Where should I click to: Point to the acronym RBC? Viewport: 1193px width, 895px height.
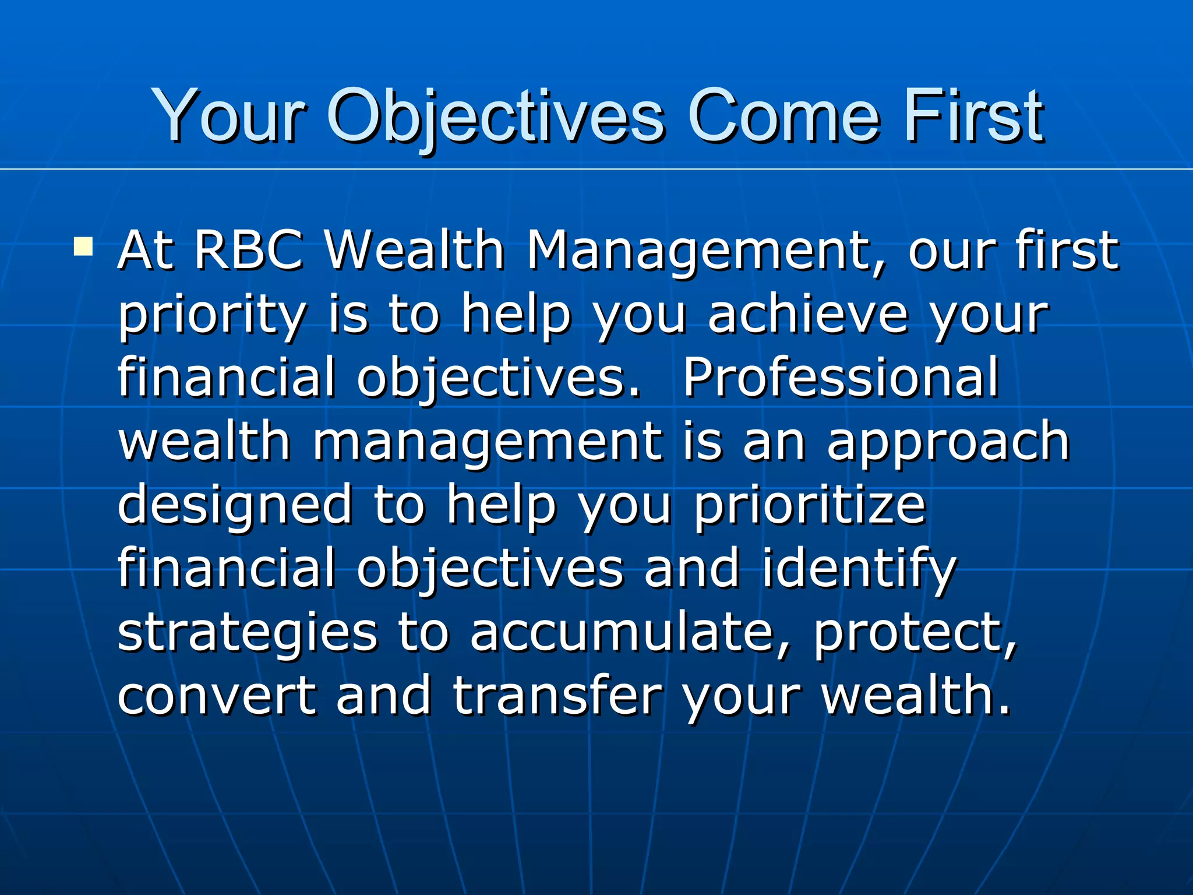pyautogui.click(x=249, y=251)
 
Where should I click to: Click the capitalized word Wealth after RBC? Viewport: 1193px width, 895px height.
pyautogui.click(x=414, y=251)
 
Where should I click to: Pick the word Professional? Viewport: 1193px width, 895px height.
pyautogui.click(x=841, y=379)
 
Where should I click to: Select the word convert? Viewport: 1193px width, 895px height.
pyautogui.click(x=217, y=696)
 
